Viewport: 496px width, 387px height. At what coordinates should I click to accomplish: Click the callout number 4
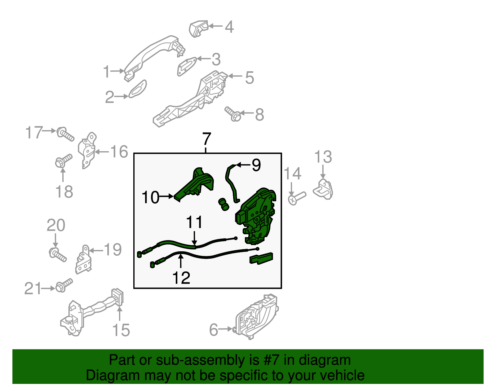tap(229, 27)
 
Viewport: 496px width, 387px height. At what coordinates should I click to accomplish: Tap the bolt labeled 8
tap(232, 114)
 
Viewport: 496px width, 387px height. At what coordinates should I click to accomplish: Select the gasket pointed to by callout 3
tap(187, 66)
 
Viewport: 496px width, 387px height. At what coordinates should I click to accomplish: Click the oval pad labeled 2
tap(137, 89)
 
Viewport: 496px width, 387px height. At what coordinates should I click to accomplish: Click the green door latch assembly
tap(256, 216)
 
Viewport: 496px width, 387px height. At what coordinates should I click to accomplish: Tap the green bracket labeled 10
tap(193, 185)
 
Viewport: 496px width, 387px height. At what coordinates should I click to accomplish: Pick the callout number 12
tap(181, 278)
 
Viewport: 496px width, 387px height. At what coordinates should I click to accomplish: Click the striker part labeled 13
tap(323, 189)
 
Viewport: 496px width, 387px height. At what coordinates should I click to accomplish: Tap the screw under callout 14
tap(297, 198)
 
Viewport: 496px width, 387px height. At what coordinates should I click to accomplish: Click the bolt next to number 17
tap(65, 134)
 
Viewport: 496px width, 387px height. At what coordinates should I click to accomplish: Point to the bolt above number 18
tap(64, 160)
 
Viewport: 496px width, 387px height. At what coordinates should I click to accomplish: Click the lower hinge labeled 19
tap(83, 260)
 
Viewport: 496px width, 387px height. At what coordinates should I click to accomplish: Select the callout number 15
tap(121, 330)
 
